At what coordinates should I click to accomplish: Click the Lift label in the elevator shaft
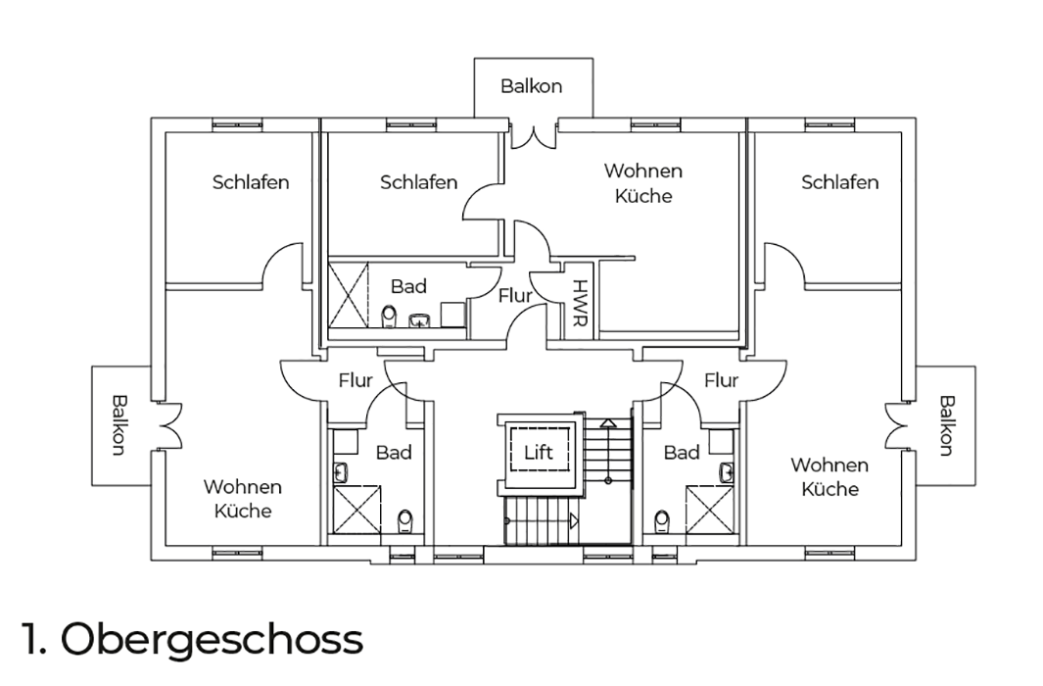538,453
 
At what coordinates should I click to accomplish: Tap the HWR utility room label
580,303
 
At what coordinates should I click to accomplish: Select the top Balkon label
532,86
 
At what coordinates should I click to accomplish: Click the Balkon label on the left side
119,425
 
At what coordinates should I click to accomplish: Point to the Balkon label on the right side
947,425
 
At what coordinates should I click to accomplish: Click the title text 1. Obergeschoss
192,639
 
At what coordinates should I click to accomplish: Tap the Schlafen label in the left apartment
251,181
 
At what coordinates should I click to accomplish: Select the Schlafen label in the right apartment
839,181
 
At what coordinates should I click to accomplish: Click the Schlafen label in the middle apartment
418,181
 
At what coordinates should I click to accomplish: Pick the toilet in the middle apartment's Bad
389,317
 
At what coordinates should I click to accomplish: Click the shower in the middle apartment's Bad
349,294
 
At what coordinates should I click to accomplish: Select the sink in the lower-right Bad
727,471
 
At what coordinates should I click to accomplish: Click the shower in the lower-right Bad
709,510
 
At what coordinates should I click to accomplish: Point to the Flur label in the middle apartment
515,295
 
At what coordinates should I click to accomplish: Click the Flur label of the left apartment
356,380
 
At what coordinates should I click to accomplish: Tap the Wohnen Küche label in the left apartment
242,499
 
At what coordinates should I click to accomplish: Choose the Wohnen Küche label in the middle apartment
643,183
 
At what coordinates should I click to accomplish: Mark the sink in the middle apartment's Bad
418,320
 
